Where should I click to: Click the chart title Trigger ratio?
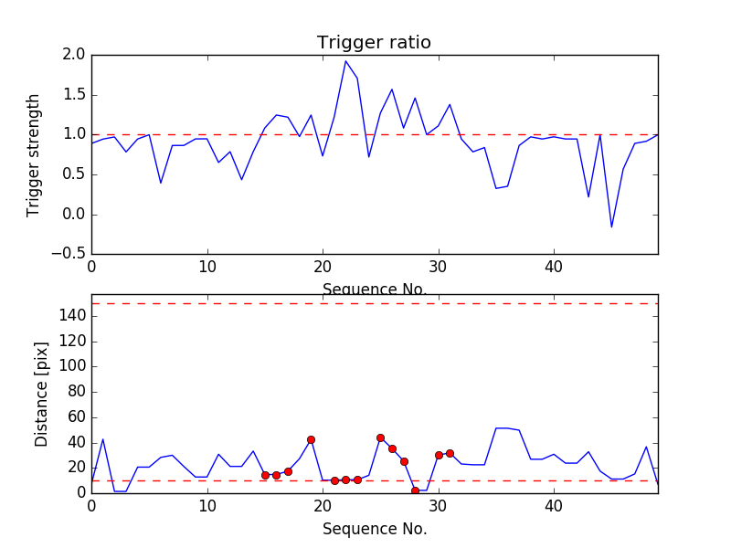tap(374, 43)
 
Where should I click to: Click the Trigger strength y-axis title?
tap(34, 154)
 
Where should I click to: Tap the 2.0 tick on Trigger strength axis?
tap(74, 55)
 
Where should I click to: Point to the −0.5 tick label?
tap(68, 254)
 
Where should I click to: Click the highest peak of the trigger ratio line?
tap(345, 61)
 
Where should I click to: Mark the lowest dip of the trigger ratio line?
tap(611, 227)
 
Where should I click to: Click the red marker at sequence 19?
tap(311, 439)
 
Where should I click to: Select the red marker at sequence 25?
tap(380, 437)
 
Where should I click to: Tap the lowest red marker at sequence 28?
tap(415, 490)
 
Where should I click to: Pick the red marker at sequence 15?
tap(265, 475)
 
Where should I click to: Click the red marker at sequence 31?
tap(450, 453)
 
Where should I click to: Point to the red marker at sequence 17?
tap(288, 471)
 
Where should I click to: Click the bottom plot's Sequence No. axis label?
tap(374, 529)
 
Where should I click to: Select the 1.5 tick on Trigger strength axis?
tap(74, 95)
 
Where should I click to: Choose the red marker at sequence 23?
tap(357, 479)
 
